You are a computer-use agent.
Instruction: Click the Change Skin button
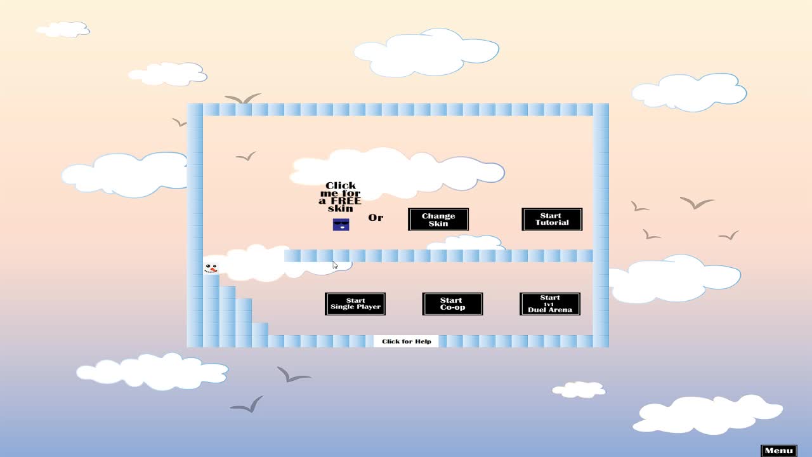tap(438, 220)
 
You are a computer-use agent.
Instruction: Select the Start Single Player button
tap(355, 304)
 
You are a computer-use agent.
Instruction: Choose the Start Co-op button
tap(452, 304)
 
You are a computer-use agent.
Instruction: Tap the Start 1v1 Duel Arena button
tap(550, 304)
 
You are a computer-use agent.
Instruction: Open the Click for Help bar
tap(406, 341)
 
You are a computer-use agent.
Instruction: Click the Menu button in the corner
tap(779, 451)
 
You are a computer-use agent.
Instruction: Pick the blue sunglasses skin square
tap(341, 225)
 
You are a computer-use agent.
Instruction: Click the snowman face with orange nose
tap(211, 268)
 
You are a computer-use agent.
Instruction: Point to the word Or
tap(376, 218)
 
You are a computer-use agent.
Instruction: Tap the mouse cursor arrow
tap(335, 265)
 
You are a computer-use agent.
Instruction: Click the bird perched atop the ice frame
tap(242, 98)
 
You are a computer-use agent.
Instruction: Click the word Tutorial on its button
tap(552, 223)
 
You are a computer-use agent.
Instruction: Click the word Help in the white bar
tap(423, 341)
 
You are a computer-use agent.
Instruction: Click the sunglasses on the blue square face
tap(341, 223)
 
